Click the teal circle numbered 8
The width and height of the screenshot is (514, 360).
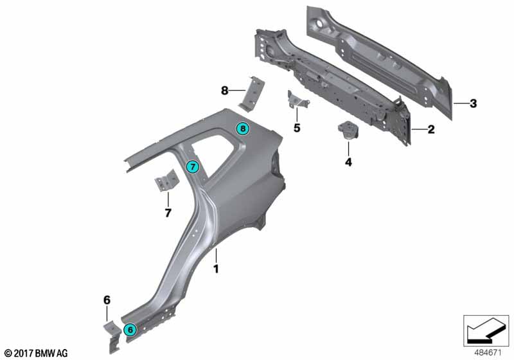[242, 129]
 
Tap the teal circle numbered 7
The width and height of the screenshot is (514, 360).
[193, 168]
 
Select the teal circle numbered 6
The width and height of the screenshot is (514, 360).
[130, 330]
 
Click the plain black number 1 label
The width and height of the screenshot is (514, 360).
[217, 269]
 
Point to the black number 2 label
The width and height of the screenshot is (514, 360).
[431, 129]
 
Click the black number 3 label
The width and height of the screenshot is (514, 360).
[473, 104]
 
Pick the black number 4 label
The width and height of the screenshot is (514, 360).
[348, 162]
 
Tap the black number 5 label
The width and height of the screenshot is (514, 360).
[297, 128]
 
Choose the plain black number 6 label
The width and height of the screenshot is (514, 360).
[107, 299]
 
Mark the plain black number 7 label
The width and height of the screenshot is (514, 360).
[168, 212]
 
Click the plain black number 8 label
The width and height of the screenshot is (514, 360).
[225, 91]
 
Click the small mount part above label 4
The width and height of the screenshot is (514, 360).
[348, 130]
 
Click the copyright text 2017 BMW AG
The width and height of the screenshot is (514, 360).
[35, 353]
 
